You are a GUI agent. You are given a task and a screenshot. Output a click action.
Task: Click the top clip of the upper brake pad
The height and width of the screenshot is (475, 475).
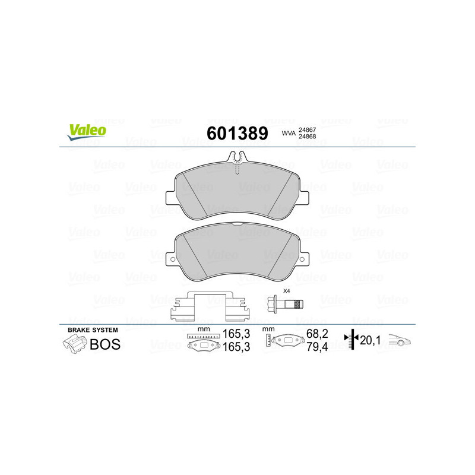237,158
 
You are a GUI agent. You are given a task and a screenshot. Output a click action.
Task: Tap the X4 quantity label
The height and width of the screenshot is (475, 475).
286,291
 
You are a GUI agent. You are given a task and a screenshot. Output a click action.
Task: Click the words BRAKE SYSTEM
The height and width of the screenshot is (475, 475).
93,330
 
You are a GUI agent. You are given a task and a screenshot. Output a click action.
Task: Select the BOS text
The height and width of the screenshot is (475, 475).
105,344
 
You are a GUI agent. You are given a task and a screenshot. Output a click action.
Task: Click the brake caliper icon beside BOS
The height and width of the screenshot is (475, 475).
74,343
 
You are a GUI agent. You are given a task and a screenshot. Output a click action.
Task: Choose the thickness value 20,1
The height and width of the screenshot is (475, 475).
372,340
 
